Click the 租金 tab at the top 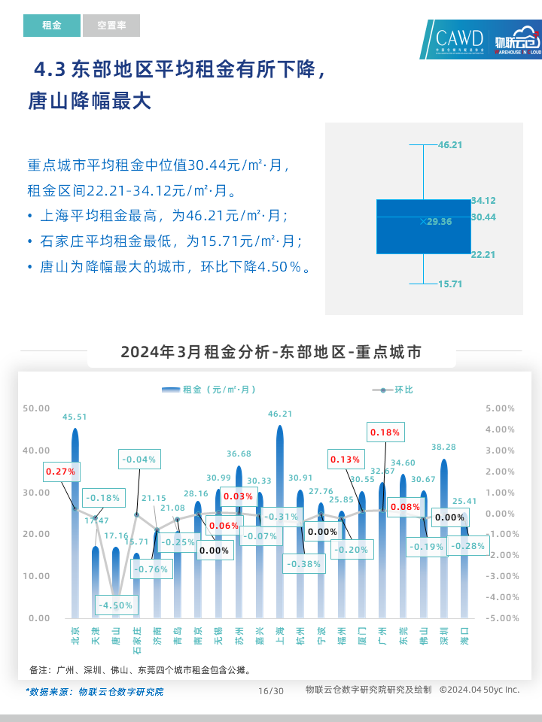point(51,26)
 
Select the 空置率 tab point(111,26)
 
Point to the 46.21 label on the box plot point(450,144)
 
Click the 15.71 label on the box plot point(450,284)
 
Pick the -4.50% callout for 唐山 point(115,605)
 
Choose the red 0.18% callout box point(385,432)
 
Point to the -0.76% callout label point(151,569)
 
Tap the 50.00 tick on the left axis point(36,408)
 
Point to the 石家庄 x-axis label point(136,642)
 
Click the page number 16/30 point(271,691)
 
